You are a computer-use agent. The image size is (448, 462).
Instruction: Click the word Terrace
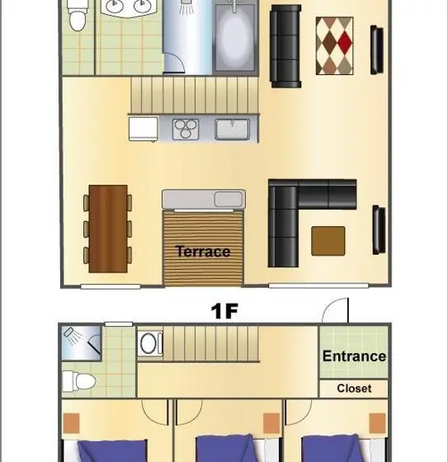203,252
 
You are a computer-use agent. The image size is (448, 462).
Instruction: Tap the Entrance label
354,356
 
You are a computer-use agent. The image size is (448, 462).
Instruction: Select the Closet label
354,389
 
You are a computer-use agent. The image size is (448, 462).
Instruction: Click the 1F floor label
224,311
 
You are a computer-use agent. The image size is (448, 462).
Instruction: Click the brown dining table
108,229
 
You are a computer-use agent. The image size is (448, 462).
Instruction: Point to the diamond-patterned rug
334,45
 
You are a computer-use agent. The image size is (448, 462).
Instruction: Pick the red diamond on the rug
345,43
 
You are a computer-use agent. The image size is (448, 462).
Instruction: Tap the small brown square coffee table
328,241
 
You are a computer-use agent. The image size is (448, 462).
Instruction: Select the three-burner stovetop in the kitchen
186,129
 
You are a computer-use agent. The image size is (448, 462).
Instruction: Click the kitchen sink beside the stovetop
233,129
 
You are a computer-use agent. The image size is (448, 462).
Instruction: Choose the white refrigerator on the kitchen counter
144,129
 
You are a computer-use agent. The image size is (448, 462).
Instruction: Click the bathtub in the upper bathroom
234,37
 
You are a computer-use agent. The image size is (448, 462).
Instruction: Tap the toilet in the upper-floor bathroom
78,16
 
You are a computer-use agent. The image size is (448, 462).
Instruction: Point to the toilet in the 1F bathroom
79,381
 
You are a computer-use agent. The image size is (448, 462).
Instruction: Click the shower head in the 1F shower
69,332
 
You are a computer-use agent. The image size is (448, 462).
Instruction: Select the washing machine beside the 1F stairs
150,343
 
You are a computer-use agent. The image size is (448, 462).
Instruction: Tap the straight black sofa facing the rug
285,46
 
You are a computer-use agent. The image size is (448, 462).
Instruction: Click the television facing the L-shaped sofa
379,230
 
